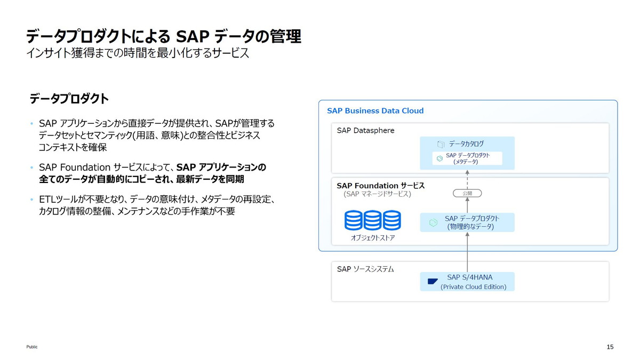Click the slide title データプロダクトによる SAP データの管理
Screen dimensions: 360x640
click(163, 36)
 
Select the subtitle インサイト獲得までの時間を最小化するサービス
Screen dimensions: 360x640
click(138, 54)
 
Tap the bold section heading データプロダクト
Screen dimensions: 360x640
click(69, 99)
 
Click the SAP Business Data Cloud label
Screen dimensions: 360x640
click(375, 111)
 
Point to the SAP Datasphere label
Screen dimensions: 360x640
click(365, 130)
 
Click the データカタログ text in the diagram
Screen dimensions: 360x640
click(466, 144)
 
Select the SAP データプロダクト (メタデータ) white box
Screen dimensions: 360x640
click(467, 158)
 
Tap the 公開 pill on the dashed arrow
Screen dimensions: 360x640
click(467, 193)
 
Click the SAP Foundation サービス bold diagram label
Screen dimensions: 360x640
click(380, 186)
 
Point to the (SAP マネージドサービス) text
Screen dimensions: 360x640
click(377, 195)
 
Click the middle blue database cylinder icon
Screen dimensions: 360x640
click(372, 220)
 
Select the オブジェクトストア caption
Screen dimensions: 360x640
click(372, 238)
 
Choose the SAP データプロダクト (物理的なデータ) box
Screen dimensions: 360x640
click(467, 222)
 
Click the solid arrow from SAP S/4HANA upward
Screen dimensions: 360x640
click(467, 253)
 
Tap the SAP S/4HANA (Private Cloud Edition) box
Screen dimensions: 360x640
click(467, 282)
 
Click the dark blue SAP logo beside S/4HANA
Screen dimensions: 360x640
click(433, 282)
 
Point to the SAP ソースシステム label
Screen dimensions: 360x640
click(365, 269)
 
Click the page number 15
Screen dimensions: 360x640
click(610, 347)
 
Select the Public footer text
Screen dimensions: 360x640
click(32, 347)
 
